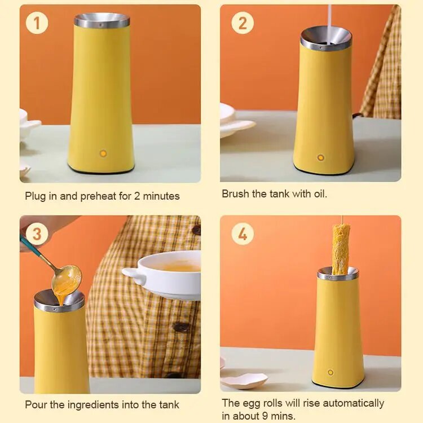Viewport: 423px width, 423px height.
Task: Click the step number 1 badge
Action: (37, 23)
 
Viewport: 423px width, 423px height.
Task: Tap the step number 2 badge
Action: (243, 23)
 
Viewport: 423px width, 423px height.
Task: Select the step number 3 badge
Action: (37, 234)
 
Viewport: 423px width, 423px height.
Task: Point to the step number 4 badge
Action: (243, 234)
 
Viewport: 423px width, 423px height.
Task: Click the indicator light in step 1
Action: (103, 153)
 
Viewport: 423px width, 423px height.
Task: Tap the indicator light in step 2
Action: (320, 157)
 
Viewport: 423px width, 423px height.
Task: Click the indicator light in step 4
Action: (331, 373)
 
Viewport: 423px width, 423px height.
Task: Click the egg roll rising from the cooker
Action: (341, 249)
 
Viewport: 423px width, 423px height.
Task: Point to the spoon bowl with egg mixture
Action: (67, 278)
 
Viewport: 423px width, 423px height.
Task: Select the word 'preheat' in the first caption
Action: (98, 196)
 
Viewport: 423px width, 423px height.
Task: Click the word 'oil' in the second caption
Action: (320, 193)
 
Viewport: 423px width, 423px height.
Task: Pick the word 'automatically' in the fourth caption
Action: (354, 403)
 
